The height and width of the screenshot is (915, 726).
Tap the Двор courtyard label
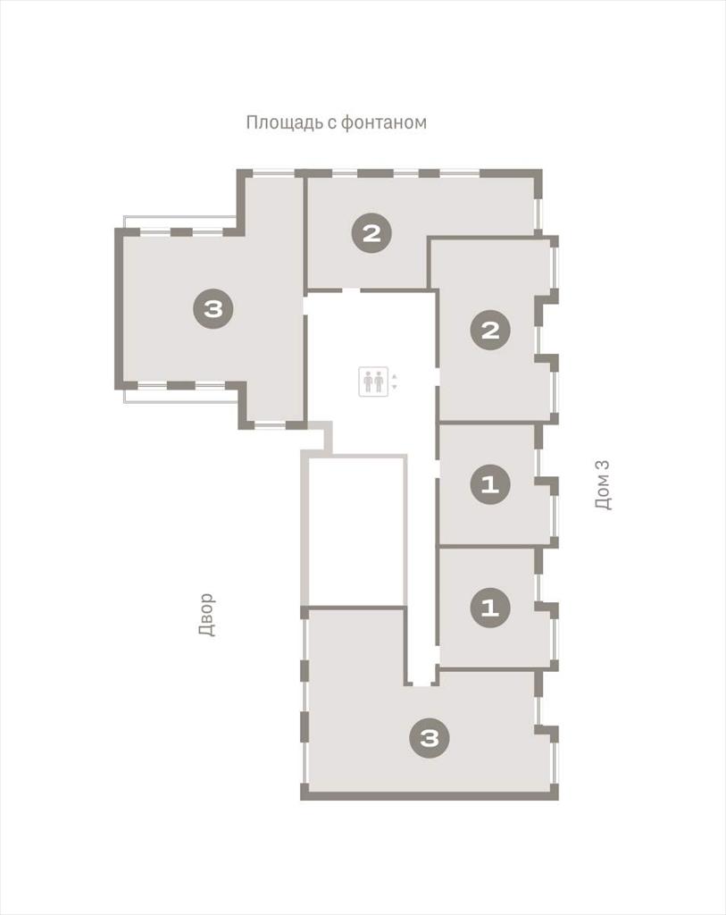(206, 615)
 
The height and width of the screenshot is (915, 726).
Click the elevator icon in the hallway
(373, 382)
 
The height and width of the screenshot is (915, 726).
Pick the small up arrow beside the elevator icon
(395, 376)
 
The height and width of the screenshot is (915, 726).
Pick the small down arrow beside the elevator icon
(395, 387)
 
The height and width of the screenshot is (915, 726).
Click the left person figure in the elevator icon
(368, 382)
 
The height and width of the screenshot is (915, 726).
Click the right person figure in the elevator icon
(379, 382)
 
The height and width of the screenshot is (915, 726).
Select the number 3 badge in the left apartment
(213, 308)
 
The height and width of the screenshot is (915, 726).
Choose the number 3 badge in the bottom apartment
(430, 738)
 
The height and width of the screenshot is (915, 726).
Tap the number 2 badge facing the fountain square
(371, 233)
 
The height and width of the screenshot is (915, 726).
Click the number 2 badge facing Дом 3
(490, 331)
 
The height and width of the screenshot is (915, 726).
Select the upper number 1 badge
(490, 484)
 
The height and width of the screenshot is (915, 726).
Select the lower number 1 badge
(490, 608)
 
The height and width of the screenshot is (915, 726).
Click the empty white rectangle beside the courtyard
(355, 532)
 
